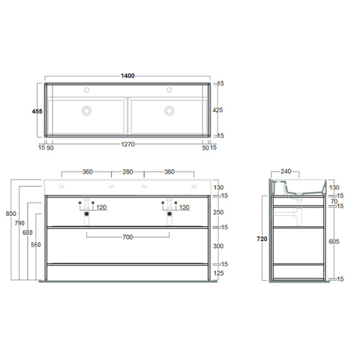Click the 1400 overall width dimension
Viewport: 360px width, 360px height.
[127, 76]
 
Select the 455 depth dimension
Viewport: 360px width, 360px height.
[37, 111]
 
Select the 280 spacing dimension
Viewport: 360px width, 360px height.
[127, 172]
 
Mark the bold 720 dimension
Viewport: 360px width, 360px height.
[262, 239]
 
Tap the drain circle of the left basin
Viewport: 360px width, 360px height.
[87, 110]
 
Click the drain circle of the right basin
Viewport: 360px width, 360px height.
[169, 110]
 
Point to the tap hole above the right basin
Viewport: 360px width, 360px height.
[169, 90]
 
